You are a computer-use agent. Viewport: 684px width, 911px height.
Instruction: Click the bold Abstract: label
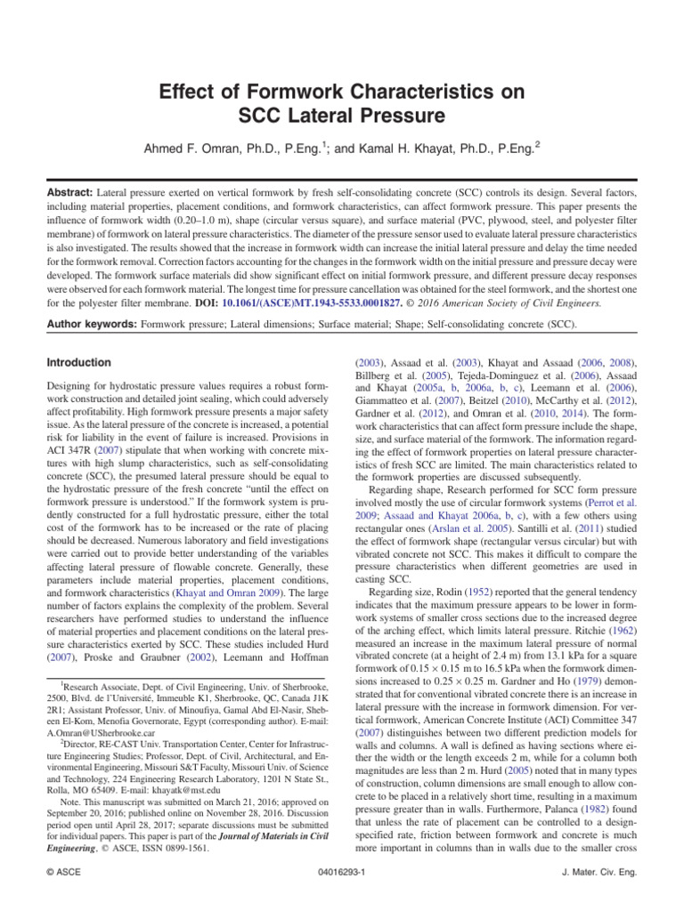71,191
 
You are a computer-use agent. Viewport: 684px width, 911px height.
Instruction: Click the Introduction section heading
79,363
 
